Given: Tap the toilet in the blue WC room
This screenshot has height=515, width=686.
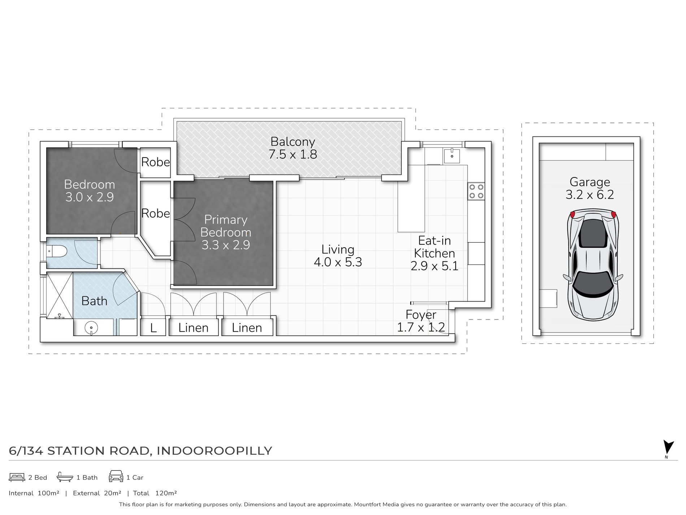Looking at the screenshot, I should click(58, 251).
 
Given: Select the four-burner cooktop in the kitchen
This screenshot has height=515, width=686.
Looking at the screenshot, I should click(476, 191).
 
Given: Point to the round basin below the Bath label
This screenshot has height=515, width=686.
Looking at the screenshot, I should click(91, 328).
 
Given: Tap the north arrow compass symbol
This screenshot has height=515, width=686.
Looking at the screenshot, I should click(668, 448).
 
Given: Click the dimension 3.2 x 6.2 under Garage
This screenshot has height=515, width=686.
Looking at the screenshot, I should click(590, 195).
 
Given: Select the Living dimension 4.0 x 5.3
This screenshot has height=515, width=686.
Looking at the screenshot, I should click(338, 262).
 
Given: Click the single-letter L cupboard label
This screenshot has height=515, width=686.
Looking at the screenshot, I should click(153, 328).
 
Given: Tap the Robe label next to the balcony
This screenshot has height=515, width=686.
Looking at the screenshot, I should click(155, 162).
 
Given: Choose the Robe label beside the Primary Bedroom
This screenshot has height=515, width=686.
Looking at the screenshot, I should click(155, 214).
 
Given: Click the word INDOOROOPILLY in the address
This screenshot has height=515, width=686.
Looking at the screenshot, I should click(214, 451).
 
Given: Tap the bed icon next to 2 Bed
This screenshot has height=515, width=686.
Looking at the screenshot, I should click(17, 477).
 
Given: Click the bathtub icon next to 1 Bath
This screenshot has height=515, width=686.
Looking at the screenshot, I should click(65, 477).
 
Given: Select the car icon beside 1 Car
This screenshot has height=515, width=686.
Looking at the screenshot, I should click(116, 476).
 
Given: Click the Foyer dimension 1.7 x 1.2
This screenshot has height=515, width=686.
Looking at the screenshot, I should click(421, 327).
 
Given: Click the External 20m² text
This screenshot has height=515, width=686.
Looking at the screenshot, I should click(97, 493).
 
